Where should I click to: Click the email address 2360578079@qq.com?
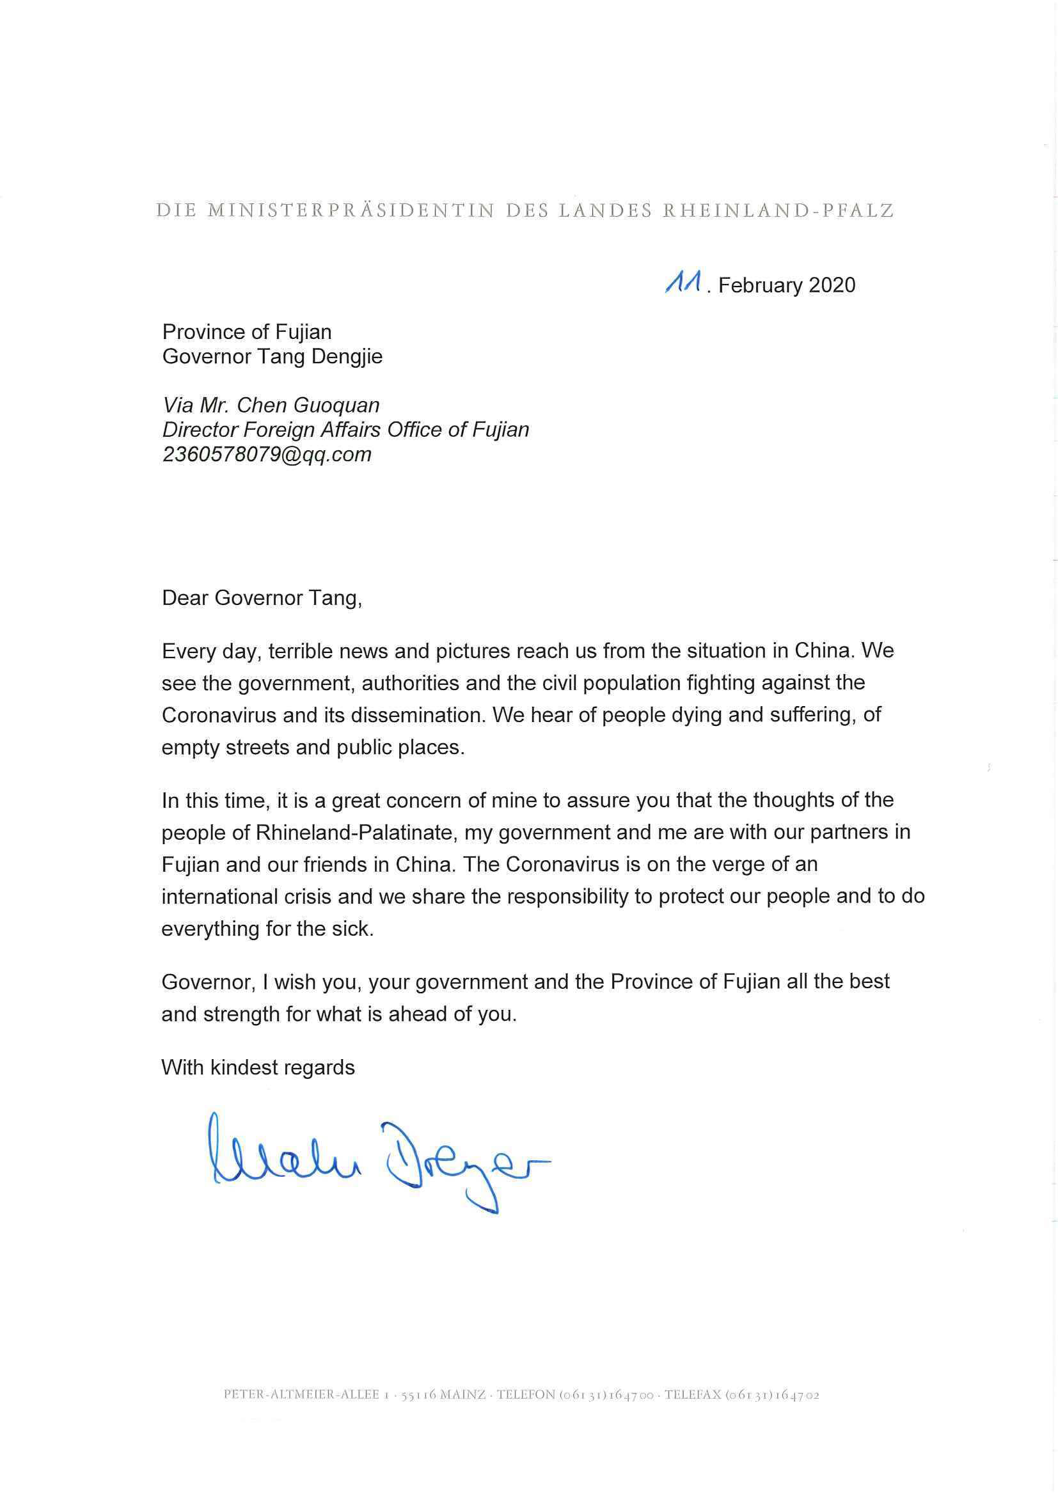[267, 454]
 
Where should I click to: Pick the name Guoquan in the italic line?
[337, 405]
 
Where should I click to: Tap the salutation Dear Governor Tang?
[261, 598]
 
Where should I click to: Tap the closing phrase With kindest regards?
[258, 1067]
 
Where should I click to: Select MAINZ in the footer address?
[462, 1395]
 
